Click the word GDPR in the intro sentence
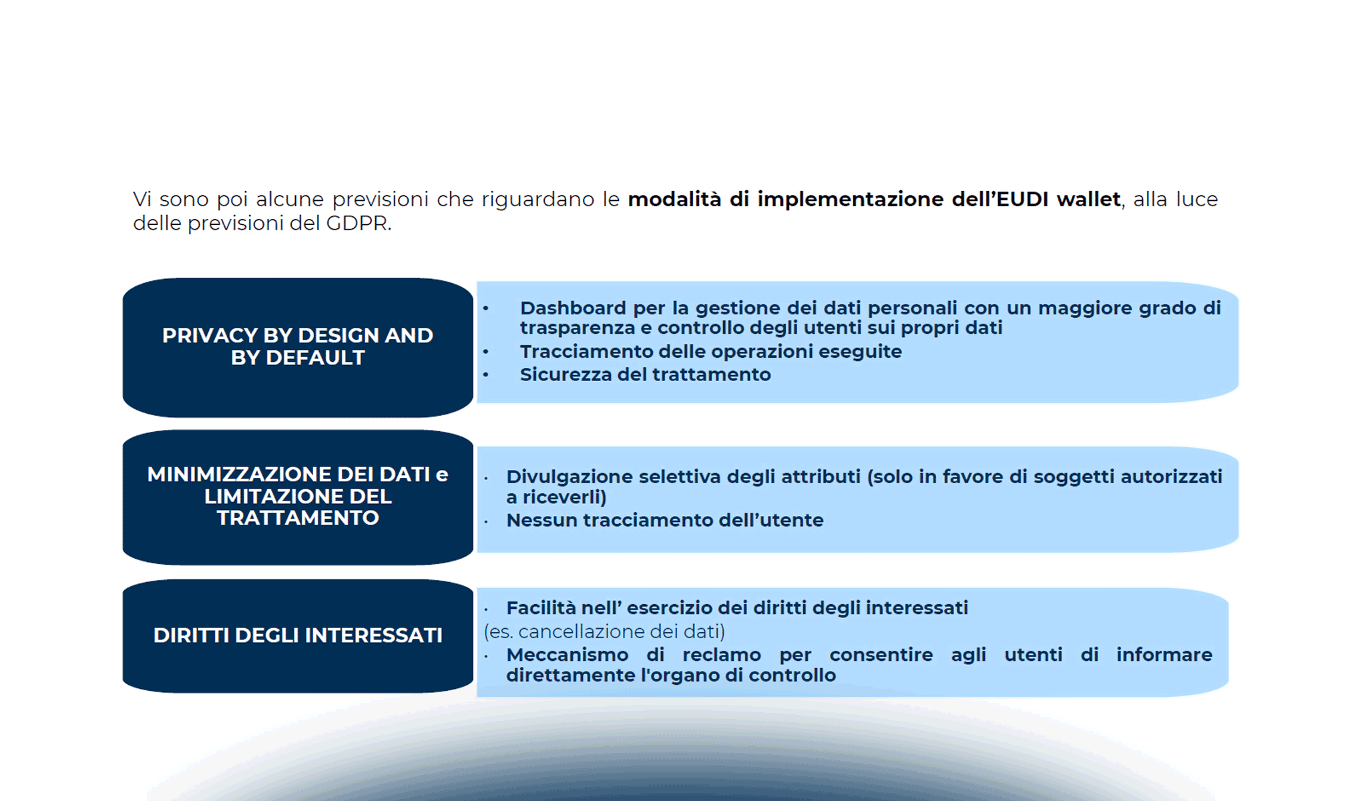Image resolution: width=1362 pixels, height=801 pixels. [357, 223]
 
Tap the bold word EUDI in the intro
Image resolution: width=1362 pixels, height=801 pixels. [1021, 199]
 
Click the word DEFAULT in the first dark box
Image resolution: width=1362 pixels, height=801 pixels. [315, 358]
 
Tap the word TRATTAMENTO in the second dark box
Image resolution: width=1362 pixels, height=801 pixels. [298, 518]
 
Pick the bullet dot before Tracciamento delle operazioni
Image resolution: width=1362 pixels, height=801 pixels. [486, 352]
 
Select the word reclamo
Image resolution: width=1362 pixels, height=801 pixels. [721, 655]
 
